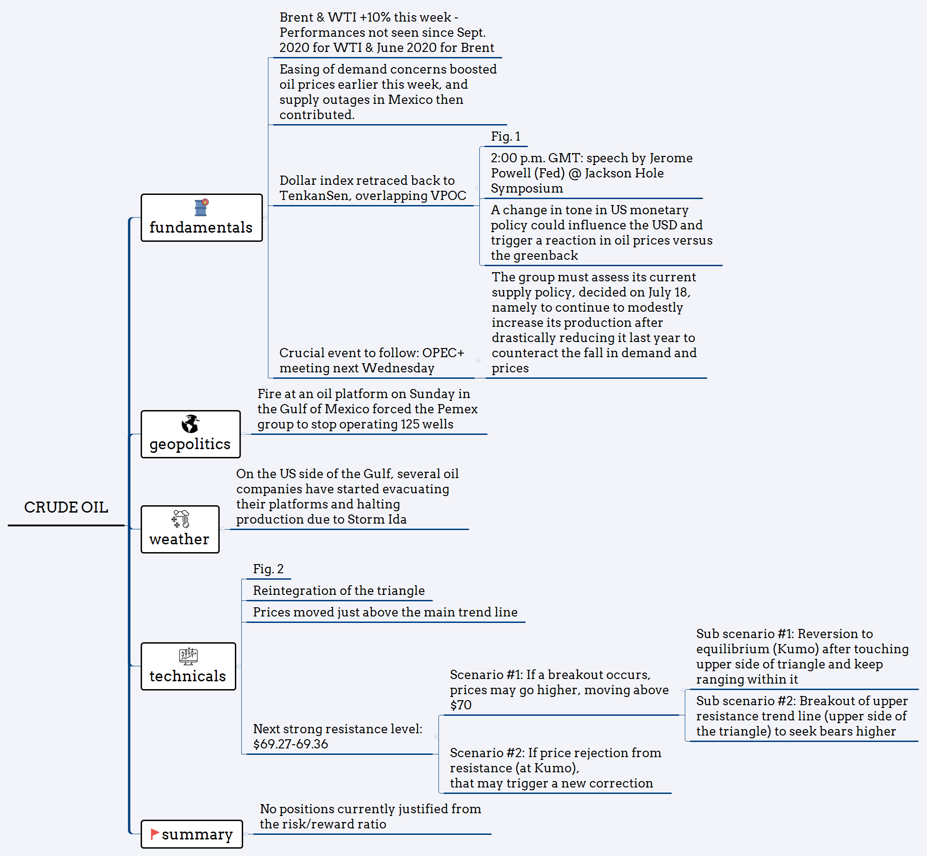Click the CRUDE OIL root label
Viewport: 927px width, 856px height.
click(x=66, y=507)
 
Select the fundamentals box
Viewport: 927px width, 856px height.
click(x=201, y=218)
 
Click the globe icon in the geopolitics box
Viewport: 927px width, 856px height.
click(x=190, y=424)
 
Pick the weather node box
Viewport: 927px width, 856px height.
click(x=180, y=530)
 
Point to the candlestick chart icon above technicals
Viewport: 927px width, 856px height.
click(x=188, y=656)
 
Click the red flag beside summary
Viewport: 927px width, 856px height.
click(x=155, y=834)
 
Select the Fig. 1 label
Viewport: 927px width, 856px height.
click(x=506, y=136)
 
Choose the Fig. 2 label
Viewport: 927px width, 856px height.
click(x=268, y=569)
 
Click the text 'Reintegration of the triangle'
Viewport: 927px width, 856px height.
click(x=339, y=591)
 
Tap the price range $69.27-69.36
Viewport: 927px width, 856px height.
click(x=290, y=744)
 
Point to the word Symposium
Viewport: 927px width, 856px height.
click(x=527, y=188)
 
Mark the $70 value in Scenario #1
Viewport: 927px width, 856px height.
click(x=461, y=705)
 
